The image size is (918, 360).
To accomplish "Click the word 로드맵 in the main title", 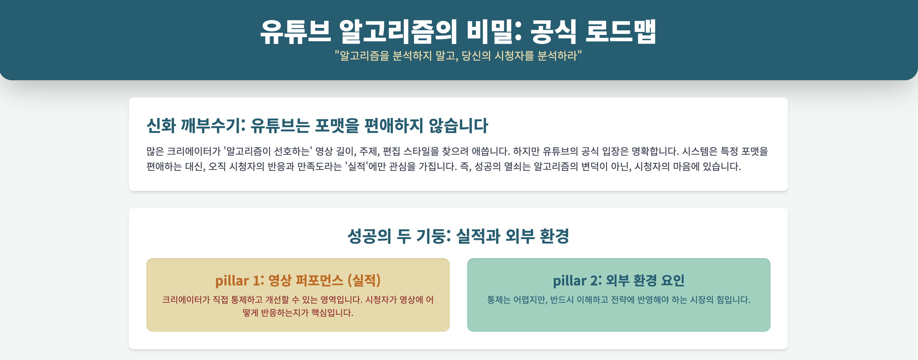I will [620, 31].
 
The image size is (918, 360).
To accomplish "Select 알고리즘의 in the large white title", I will [398, 31].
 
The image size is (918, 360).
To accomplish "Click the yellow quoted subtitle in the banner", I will [458, 56].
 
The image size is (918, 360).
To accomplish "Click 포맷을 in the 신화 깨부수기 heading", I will [337, 126].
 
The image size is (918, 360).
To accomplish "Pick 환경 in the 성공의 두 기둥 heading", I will [554, 236].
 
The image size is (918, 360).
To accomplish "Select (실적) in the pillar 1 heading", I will [364, 281].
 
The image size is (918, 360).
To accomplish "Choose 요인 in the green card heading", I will [673, 281].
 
